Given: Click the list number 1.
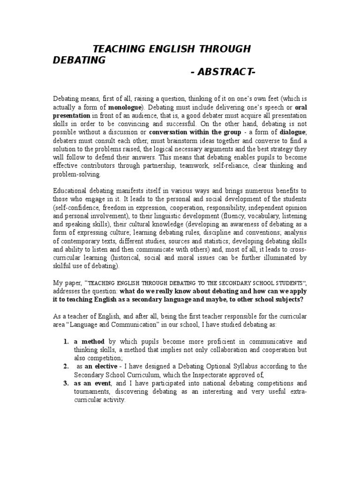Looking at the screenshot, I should pos(66,341).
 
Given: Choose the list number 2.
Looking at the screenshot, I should pos(66,367).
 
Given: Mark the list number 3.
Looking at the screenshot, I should pos(66,383).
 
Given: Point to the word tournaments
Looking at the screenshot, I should pos(93,392).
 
